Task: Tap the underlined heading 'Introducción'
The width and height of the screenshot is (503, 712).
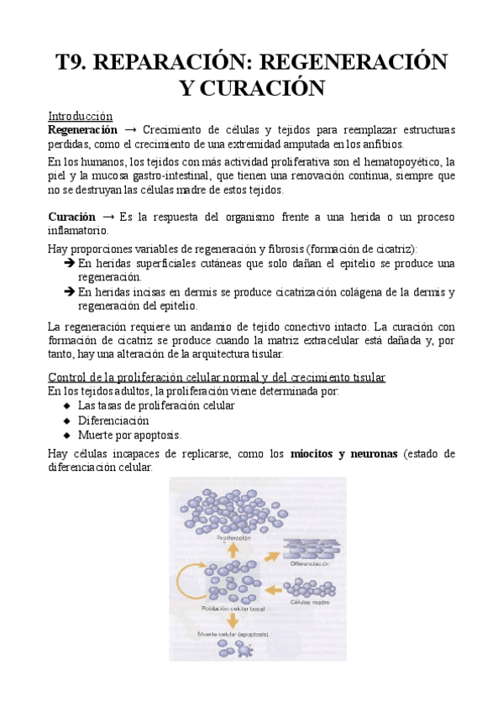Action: [80, 116]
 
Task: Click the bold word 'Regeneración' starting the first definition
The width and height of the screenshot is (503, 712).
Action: [82, 130]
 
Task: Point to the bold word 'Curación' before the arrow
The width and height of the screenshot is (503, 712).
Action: [71, 216]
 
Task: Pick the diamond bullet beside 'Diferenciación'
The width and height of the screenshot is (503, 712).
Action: [66, 420]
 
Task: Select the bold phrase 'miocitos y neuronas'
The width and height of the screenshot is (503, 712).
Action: [343, 454]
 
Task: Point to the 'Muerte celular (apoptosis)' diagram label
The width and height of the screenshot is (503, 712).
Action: [232, 634]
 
